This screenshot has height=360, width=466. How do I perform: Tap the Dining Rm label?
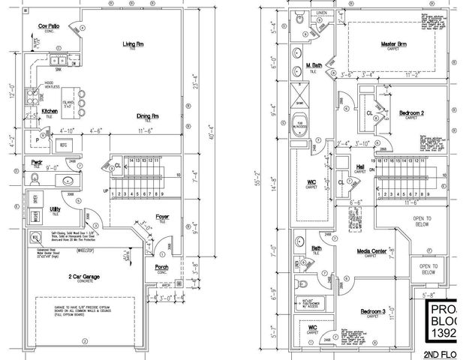point(147,116)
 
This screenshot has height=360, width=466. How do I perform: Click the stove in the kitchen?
point(33,95)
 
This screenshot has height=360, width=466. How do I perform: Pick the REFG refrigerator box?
point(63,144)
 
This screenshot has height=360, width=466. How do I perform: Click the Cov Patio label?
point(50,26)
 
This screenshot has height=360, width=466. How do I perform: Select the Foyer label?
point(162,217)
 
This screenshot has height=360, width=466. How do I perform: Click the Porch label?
point(161,266)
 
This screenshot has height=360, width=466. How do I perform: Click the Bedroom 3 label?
point(372,310)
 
